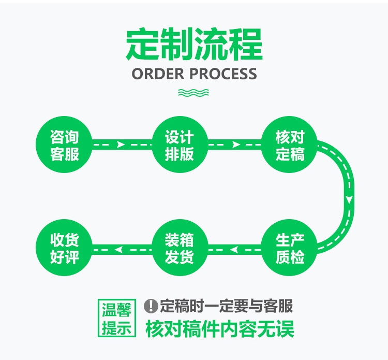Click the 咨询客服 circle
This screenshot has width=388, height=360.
pyautogui.click(x=65, y=146)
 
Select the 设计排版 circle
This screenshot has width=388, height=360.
pyautogui.click(x=179, y=146)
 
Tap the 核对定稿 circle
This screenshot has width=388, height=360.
pyautogui.click(x=290, y=146)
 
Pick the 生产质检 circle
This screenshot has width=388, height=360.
pyautogui.click(x=290, y=249)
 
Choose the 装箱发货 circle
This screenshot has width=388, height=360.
pyautogui.click(x=179, y=249)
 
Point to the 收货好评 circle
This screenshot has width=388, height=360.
pyautogui.click(x=65, y=249)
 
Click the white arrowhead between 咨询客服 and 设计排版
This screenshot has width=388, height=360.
pyautogui.click(x=121, y=145)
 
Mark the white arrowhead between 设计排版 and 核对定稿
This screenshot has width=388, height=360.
pyautogui.click(x=235, y=145)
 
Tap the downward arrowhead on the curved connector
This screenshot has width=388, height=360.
pyautogui.click(x=350, y=199)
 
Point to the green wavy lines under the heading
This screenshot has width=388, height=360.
pyautogui.click(x=193, y=93)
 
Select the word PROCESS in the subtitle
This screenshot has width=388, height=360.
pyautogui.click(x=223, y=74)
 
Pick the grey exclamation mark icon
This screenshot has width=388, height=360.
pyautogui.click(x=151, y=306)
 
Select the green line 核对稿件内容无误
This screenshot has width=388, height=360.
pyautogui.click(x=220, y=328)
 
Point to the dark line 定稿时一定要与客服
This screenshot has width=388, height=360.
pyautogui.click(x=226, y=306)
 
